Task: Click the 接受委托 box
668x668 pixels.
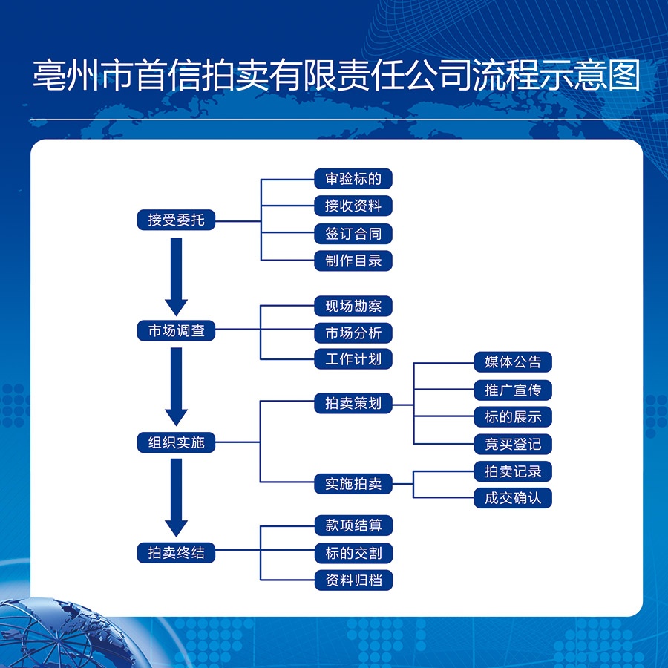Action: click(176, 220)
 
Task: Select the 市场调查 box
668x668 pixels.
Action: click(176, 330)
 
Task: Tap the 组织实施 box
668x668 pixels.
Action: click(176, 442)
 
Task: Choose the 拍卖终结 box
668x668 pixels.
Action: click(176, 552)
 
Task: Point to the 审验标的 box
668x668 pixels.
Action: click(353, 178)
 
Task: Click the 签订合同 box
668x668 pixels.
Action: click(353, 234)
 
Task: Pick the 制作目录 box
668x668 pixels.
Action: click(353, 261)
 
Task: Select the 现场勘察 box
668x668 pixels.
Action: click(353, 306)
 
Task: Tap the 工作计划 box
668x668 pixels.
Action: click(353, 358)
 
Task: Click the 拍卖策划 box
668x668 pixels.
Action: click(353, 403)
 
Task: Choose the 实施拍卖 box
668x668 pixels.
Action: click(353, 483)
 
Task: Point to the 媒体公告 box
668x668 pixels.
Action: click(513, 361)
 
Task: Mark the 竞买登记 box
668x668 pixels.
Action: click(513, 444)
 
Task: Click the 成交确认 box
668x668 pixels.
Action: click(513, 497)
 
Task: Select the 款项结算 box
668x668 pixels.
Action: click(353, 525)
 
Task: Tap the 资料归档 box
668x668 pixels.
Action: click(353, 580)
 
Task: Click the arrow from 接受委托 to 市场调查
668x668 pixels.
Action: click(176, 277)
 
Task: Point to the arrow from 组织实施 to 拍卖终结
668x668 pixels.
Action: click(176, 497)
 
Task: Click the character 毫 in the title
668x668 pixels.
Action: click(49, 75)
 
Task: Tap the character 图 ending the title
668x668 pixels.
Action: click(624, 75)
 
